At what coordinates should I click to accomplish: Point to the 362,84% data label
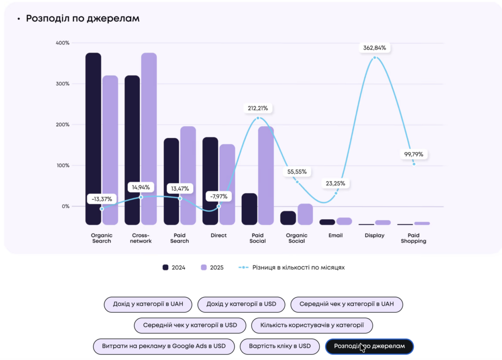pos(375,48)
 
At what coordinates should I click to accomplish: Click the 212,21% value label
pos(257,108)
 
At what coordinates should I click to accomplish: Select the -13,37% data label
pos(101,199)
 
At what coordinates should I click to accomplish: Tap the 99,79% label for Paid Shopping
pos(414,154)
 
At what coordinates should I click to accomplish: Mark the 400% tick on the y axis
pos(62,43)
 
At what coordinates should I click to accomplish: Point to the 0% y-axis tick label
pos(65,206)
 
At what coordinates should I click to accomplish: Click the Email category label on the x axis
pos(336,235)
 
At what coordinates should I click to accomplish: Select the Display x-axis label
pos(375,235)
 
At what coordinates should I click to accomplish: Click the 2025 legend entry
pos(212,268)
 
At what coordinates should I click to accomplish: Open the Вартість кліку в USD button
pos(280,346)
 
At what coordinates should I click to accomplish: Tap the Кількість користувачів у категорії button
pos(312,325)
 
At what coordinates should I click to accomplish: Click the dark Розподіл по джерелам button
pos(370,346)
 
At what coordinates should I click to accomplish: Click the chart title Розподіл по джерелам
pos(82,19)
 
